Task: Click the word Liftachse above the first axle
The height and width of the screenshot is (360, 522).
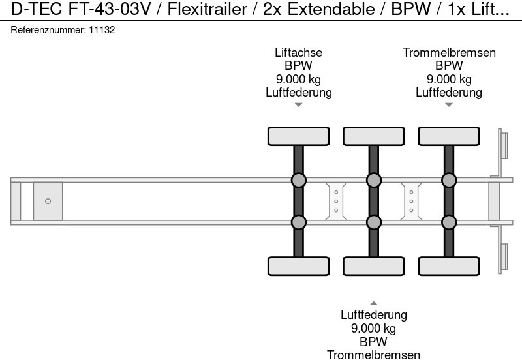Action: tap(298, 53)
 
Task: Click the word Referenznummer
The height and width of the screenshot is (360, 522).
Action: tap(49, 30)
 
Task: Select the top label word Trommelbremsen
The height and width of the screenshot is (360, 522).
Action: tap(449, 53)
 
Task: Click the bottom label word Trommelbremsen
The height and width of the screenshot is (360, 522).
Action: tap(374, 354)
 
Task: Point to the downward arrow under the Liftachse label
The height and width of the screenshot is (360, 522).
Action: tap(298, 104)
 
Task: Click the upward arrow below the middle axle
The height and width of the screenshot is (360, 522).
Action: tap(374, 303)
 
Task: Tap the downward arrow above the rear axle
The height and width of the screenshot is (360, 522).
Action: tap(449, 104)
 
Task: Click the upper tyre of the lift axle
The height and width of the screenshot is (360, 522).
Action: tap(298, 136)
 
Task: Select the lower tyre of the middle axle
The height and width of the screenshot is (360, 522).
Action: tap(374, 266)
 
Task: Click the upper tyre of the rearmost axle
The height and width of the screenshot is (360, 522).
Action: tap(449, 136)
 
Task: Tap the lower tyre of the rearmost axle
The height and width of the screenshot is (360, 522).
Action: tap(449, 266)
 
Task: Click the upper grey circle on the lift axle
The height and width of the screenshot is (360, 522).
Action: tap(298, 180)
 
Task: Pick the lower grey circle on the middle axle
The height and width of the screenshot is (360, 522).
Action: tap(374, 222)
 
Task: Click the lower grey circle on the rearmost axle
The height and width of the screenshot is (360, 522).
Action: tap(449, 222)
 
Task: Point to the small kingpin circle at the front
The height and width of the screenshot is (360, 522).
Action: tap(48, 201)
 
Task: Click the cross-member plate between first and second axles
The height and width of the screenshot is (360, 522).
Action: tap(336, 201)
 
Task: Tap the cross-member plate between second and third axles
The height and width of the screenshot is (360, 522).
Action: tap(411, 201)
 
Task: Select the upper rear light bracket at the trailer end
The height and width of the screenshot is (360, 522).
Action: tap(503, 144)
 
